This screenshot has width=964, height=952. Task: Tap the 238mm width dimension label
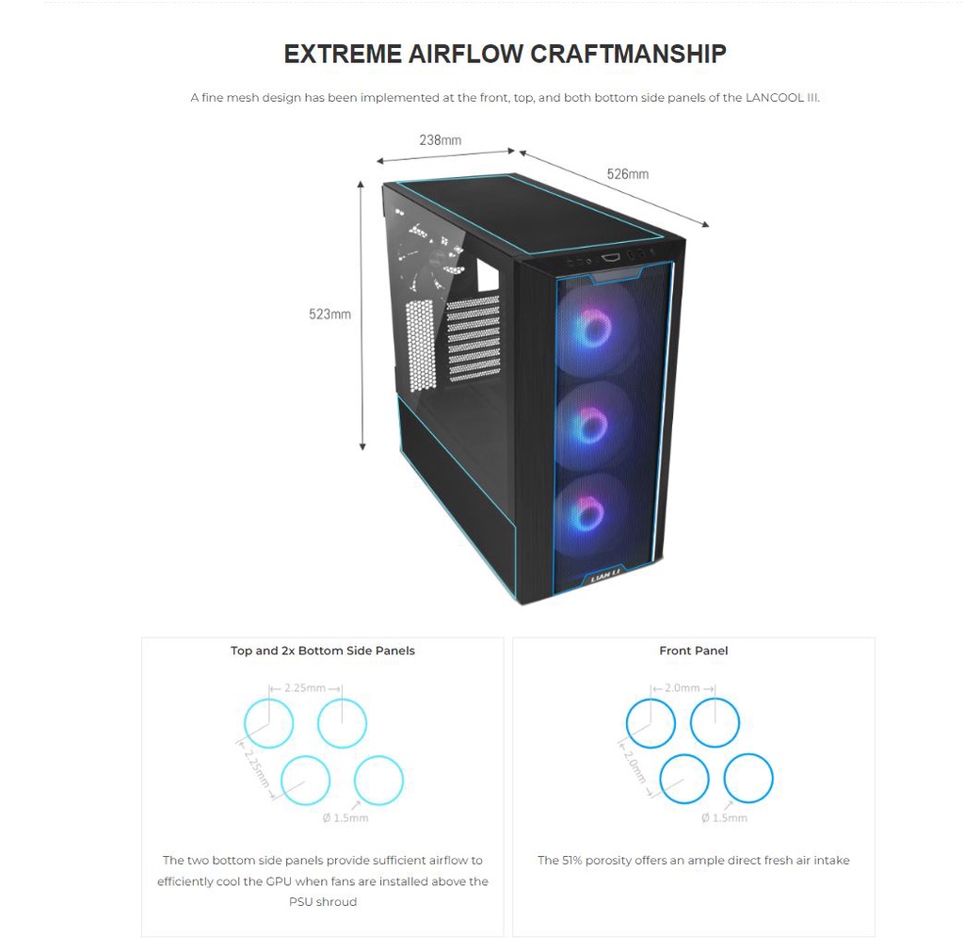[x=441, y=140]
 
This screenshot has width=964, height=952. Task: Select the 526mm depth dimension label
[x=628, y=174]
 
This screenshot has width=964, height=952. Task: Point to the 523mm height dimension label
[x=330, y=315]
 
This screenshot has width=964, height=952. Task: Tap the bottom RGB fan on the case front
[x=588, y=513]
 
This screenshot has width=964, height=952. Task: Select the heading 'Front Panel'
[x=694, y=651]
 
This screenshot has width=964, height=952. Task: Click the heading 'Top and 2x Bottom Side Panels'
[x=323, y=651]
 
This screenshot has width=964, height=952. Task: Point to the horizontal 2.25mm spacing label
[x=305, y=687]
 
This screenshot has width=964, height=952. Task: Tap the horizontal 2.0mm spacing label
[x=683, y=687]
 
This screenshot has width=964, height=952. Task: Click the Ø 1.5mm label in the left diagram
[x=345, y=818]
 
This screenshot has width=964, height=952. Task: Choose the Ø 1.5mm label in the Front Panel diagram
[x=724, y=818]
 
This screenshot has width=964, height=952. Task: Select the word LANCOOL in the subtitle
[x=775, y=98]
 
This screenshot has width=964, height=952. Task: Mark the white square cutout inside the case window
[x=487, y=276]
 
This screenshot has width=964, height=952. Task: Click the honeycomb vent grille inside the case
[x=421, y=345]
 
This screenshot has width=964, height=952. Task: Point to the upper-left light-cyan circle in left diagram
[x=268, y=700]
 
